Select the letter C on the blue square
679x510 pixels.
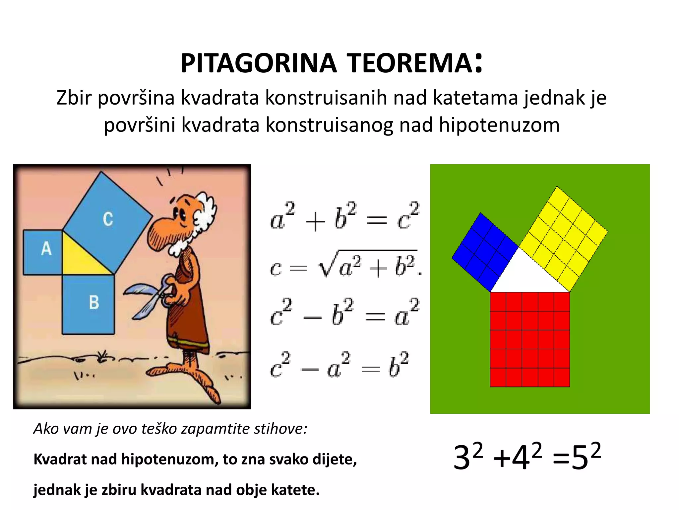pos(108,219)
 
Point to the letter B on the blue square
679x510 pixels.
pos(94,302)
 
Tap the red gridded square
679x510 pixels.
pos(530,339)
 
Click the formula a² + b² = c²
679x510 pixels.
pos(345,217)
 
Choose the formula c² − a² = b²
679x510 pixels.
pos(340,365)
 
